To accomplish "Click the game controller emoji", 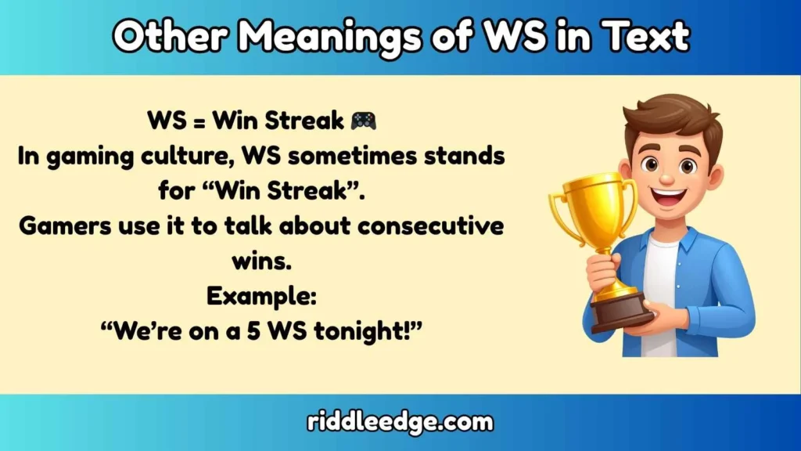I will tap(363, 121).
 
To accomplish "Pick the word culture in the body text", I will tap(187, 156).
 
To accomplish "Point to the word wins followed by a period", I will tap(261, 261).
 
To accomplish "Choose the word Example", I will tap(261, 295).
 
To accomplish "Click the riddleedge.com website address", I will tap(400, 423).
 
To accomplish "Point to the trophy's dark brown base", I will tap(621, 312).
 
